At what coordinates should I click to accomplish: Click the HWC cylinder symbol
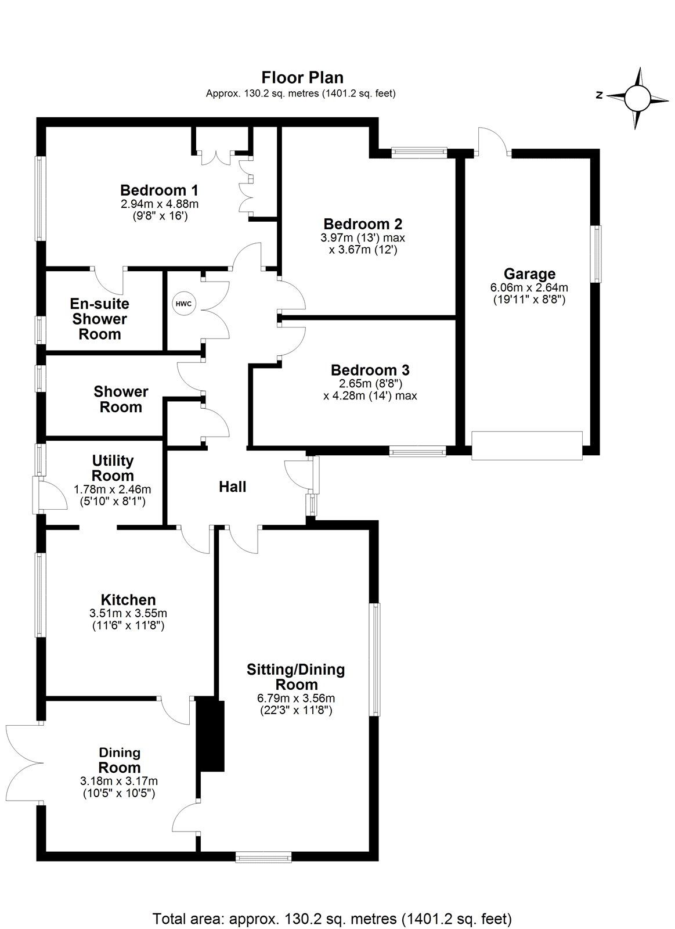tap(183, 304)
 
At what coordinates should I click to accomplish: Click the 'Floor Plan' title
tap(302, 77)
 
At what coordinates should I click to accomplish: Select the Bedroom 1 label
tap(159, 190)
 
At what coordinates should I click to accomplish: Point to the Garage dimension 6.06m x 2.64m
tap(529, 287)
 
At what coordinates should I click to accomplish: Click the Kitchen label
tap(128, 600)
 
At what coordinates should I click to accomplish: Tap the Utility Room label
tap(113, 468)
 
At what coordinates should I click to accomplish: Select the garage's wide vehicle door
tap(526, 445)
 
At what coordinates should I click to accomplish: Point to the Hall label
tap(232, 487)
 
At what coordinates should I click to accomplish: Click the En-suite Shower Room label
tap(99, 319)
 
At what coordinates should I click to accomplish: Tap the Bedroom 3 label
tap(370, 370)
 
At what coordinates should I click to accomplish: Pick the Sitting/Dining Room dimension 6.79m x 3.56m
tap(296, 698)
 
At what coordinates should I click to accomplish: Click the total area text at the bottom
tap(332, 903)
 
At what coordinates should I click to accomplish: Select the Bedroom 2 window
tap(419, 153)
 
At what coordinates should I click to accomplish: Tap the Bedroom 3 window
tap(417, 450)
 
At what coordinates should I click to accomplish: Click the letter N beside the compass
tap(600, 96)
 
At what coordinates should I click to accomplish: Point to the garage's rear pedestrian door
tap(492, 142)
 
